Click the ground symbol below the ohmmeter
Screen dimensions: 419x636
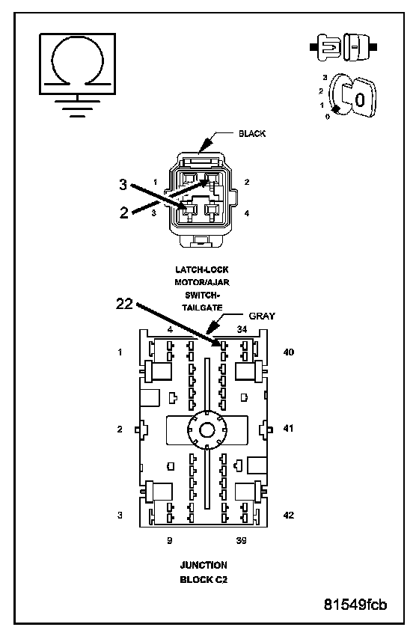click(x=77, y=107)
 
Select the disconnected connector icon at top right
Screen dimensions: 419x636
click(x=343, y=47)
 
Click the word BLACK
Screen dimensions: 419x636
click(x=252, y=133)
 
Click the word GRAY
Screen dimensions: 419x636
click(x=262, y=316)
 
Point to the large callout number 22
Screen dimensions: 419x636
click(x=124, y=303)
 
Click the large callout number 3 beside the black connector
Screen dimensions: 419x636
click(x=123, y=185)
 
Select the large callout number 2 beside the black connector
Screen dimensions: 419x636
click(x=124, y=212)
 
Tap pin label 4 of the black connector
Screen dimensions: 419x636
click(x=247, y=213)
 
